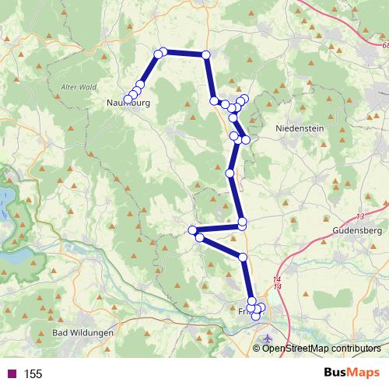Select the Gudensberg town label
(x=354, y=231)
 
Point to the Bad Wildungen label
(x=82, y=333)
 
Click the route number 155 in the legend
(x=33, y=374)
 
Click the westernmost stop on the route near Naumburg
(x=128, y=99)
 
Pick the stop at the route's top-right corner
(x=206, y=54)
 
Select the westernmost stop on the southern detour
(x=192, y=230)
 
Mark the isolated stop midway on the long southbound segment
(x=230, y=172)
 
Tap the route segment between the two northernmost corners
(x=184, y=54)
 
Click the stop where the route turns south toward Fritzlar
(x=243, y=257)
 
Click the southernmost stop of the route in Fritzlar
(x=255, y=315)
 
